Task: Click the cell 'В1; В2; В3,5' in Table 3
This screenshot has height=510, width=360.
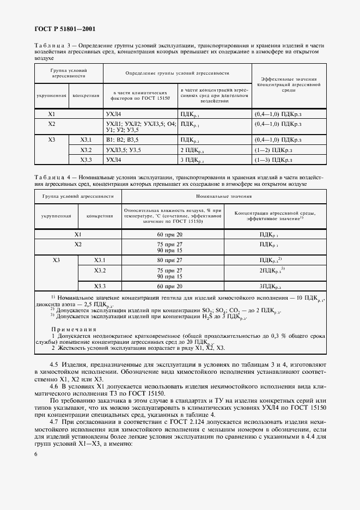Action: pos(122,140)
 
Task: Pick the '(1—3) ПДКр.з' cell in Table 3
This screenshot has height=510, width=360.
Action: pos(273,160)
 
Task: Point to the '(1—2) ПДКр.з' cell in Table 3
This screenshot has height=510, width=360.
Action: pos(273,150)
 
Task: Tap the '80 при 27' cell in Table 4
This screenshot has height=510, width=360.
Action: pos(168,260)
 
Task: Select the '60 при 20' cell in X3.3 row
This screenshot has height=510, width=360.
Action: pos(168,286)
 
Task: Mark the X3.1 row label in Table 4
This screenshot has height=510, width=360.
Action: pos(99,260)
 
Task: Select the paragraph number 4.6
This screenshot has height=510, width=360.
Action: pos(54,385)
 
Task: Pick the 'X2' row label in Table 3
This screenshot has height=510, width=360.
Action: pos(52,124)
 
